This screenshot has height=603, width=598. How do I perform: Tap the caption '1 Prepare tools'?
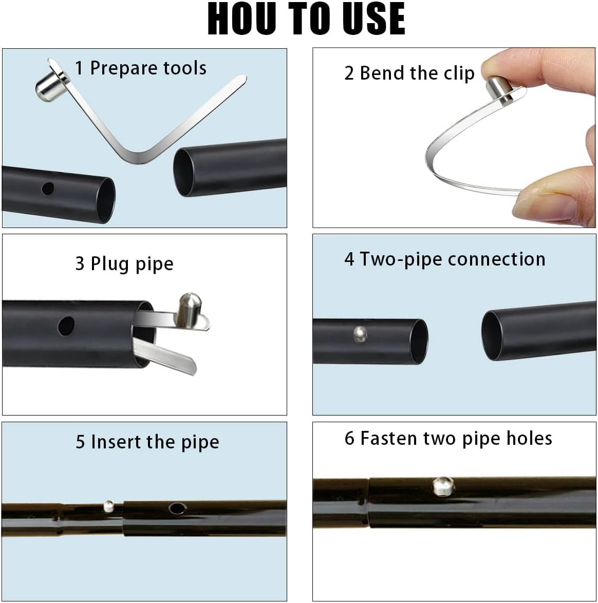(141, 68)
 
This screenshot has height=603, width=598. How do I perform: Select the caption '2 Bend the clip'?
(409, 73)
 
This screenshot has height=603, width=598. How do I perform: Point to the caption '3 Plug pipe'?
(124, 264)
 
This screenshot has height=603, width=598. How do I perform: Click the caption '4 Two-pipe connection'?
(445, 259)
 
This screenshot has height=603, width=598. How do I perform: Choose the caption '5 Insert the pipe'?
(147, 442)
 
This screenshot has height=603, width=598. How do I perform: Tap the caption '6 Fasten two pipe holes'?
(448, 439)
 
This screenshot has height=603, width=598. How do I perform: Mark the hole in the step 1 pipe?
(48, 189)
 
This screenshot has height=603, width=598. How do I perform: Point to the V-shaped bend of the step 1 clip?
(138, 156)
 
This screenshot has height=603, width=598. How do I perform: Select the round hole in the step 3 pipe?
(66, 326)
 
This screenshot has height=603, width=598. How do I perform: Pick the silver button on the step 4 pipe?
(360, 334)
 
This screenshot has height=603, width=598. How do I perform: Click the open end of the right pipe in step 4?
(493, 335)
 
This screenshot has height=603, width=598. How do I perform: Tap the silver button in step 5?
(109, 506)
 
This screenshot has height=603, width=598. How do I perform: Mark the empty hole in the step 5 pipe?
(177, 509)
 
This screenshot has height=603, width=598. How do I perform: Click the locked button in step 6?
(443, 486)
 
